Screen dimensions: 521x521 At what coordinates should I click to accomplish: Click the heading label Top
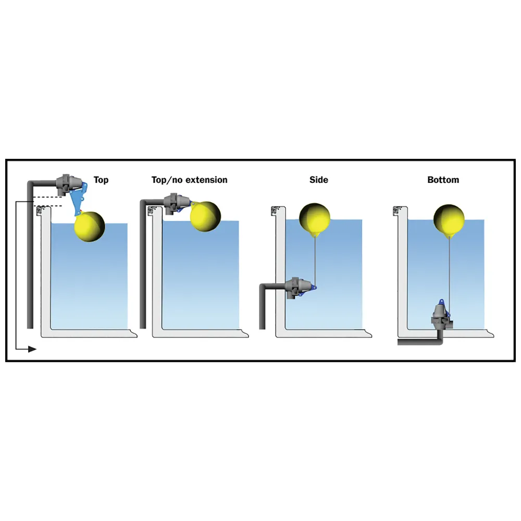[x=101, y=180]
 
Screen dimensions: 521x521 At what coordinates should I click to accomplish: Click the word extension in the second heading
[x=206, y=180]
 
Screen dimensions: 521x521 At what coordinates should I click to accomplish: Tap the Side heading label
[x=319, y=180]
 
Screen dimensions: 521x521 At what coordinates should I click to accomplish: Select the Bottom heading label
[x=443, y=180]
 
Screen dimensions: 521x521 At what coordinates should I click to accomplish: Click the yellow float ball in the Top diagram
[x=90, y=226]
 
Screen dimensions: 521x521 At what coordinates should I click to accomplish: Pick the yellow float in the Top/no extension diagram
[x=205, y=216]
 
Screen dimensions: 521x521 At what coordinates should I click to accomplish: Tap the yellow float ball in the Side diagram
[x=315, y=219]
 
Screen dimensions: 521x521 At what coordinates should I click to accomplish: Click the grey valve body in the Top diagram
[x=68, y=184]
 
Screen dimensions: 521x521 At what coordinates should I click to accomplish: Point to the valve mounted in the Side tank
[x=299, y=288]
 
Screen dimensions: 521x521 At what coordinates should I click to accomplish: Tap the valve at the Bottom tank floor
[x=440, y=317]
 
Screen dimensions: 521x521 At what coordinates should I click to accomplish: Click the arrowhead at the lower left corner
[x=32, y=349]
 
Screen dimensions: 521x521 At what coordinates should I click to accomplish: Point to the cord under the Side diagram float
[x=315, y=261]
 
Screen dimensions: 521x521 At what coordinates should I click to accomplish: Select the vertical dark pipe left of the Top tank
[x=30, y=256]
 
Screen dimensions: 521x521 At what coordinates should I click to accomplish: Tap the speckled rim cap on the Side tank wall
[x=276, y=210]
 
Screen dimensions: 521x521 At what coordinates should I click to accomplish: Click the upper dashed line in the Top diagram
[x=47, y=197]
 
